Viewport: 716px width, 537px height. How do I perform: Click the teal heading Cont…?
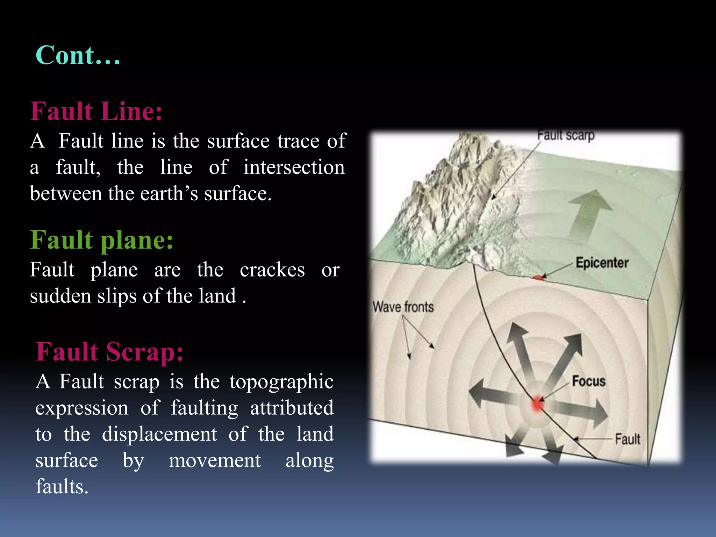coord(78,56)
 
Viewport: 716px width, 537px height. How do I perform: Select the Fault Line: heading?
coord(96,111)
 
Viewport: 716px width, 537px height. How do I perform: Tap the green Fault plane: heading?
coord(101,240)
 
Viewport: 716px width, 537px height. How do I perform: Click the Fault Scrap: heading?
coord(109,351)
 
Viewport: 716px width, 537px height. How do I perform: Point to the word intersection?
coord(294,167)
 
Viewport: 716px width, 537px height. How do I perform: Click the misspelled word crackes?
coord(272,270)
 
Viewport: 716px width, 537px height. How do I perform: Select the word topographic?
coord(281,381)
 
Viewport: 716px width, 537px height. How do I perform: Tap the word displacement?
coord(159,434)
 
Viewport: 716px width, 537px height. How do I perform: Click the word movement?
coord(215,460)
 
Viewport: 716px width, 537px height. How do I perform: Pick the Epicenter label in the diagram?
coord(602,263)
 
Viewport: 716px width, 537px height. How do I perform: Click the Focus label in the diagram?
coord(589,381)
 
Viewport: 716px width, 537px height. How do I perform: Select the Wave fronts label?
coord(403,307)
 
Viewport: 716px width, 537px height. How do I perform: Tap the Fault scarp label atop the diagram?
coord(566,135)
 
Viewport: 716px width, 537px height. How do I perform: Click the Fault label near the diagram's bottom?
coord(628,439)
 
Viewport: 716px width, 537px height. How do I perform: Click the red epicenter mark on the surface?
coord(539,278)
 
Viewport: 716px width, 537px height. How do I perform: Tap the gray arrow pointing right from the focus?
coord(584,413)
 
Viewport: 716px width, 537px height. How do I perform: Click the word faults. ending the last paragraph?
coord(62,487)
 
